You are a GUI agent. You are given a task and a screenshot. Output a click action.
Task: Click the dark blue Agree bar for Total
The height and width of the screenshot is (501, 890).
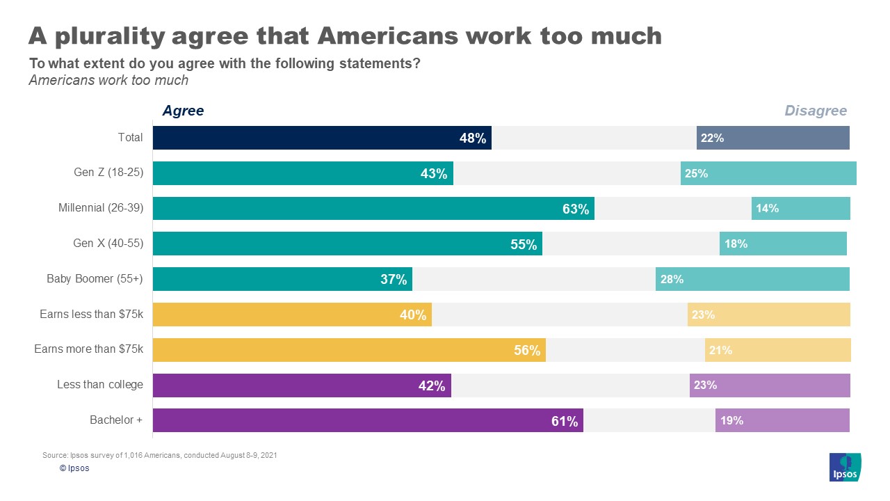pyautogui.click(x=322, y=138)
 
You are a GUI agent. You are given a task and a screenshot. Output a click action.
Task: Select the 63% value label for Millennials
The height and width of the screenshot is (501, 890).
pyautogui.click(x=576, y=209)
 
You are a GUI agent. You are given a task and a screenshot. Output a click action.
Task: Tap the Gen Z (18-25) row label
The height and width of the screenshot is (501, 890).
pyautogui.click(x=108, y=173)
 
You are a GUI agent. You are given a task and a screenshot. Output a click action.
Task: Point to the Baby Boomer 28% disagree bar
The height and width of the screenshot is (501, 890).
pyautogui.click(x=752, y=279)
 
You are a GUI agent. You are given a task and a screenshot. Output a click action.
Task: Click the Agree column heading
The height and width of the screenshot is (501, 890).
pyautogui.click(x=183, y=111)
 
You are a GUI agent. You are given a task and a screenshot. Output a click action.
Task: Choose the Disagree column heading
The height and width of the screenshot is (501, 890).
pyautogui.click(x=816, y=111)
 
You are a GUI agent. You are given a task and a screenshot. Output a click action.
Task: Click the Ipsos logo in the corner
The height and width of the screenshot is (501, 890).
pyautogui.click(x=845, y=467)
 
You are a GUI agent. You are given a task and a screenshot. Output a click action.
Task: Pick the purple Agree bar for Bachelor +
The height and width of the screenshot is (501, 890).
pyautogui.click(x=368, y=420)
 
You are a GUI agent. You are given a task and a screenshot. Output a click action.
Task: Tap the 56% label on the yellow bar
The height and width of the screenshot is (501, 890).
pyautogui.click(x=527, y=351)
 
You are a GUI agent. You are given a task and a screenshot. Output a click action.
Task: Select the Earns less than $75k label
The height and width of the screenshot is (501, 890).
pyautogui.click(x=91, y=314)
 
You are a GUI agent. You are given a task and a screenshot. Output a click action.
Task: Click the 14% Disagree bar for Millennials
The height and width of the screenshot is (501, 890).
pyautogui.click(x=800, y=208)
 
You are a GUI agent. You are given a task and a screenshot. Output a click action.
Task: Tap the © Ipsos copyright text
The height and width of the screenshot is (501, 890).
pyautogui.click(x=74, y=468)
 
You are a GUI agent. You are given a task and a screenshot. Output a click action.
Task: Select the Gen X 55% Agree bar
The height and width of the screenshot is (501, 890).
pyautogui.click(x=347, y=244)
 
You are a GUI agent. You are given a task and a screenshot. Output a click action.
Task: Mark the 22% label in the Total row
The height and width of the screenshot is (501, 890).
pyautogui.click(x=712, y=138)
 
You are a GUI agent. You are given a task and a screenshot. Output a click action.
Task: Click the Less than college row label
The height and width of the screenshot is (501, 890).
pyautogui.click(x=99, y=385)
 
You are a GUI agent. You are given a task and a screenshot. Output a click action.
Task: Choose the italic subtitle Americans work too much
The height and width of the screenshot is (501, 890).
pyautogui.click(x=108, y=80)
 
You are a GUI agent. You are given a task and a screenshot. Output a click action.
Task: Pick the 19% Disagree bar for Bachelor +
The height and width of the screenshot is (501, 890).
pyautogui.click(x=782, y=420)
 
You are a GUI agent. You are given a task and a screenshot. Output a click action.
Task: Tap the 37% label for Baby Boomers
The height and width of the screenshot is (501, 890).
pyautogui.click(x=394, y=280)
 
